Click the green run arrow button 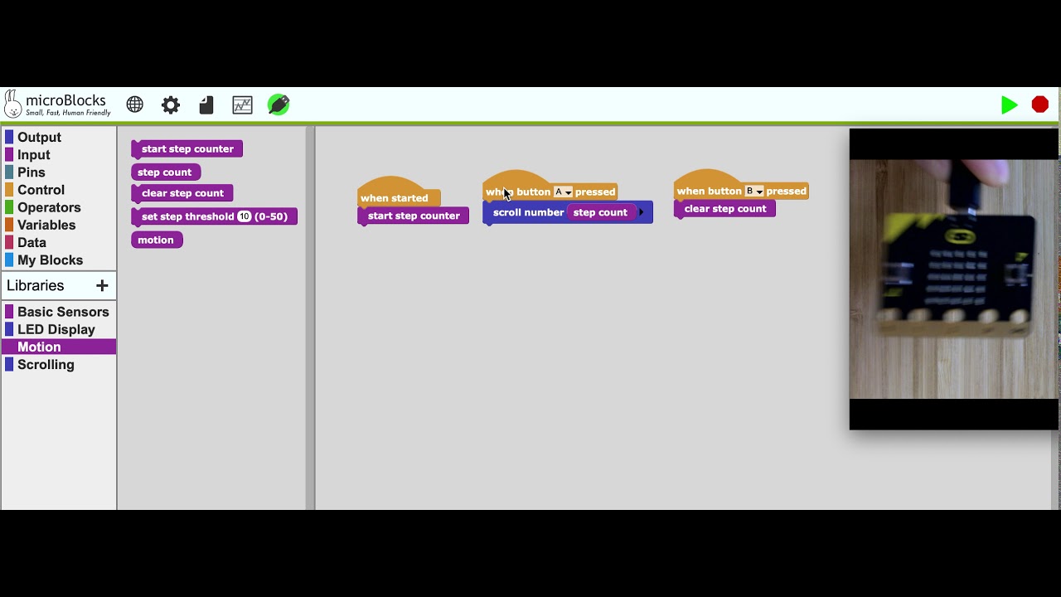1009,105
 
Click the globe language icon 135,104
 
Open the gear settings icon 171,104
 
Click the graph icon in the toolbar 242,104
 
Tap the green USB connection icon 279,104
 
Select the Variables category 46,225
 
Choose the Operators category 49,207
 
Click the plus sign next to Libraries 102,285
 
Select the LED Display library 56,329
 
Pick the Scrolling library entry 46,365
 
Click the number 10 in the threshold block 244,216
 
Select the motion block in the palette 156,240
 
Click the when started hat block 395,197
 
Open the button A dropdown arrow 568,192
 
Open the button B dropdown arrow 758,192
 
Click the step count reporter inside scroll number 600,212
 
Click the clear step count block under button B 724,209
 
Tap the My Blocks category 50,260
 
